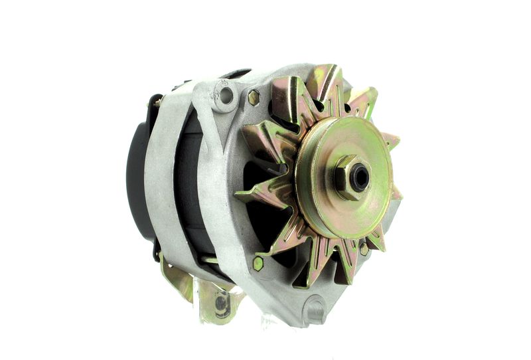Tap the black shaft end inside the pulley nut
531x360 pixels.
click(x=360, y=177)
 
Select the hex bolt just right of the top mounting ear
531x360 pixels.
click(x=254, y=98)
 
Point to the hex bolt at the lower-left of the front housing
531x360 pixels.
click(x=258, y=263)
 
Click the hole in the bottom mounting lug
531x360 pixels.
click(x=315, y=308)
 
